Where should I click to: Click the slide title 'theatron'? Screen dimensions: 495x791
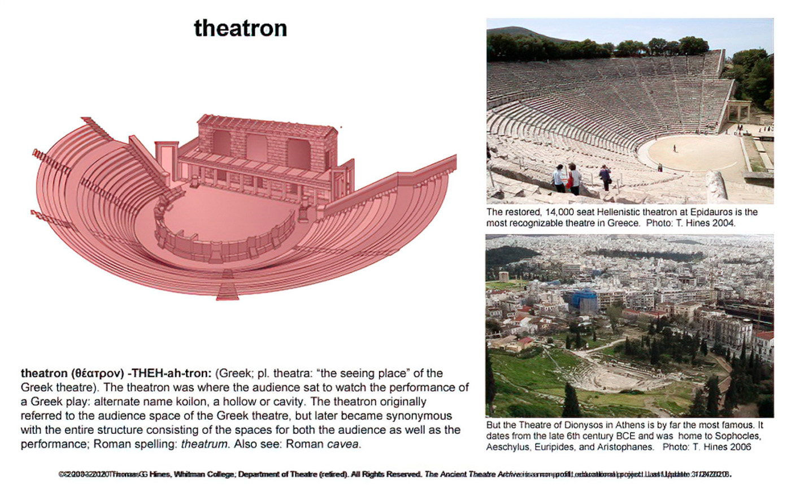240,28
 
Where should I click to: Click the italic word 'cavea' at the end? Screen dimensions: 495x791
342,444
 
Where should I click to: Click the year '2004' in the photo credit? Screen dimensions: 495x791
724,223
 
